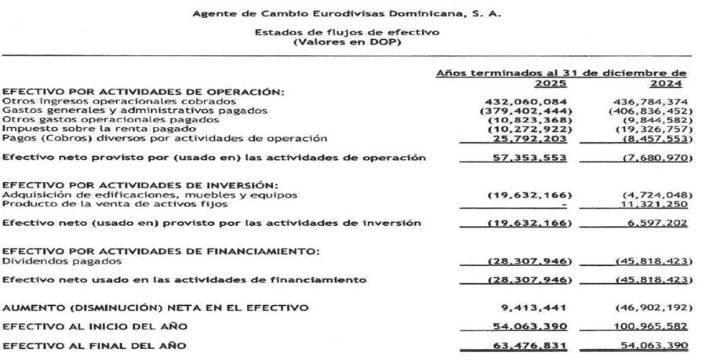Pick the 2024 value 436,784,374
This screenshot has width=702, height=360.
(x=653, y=101)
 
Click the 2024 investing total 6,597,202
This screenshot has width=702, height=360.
(x=659, y=224)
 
